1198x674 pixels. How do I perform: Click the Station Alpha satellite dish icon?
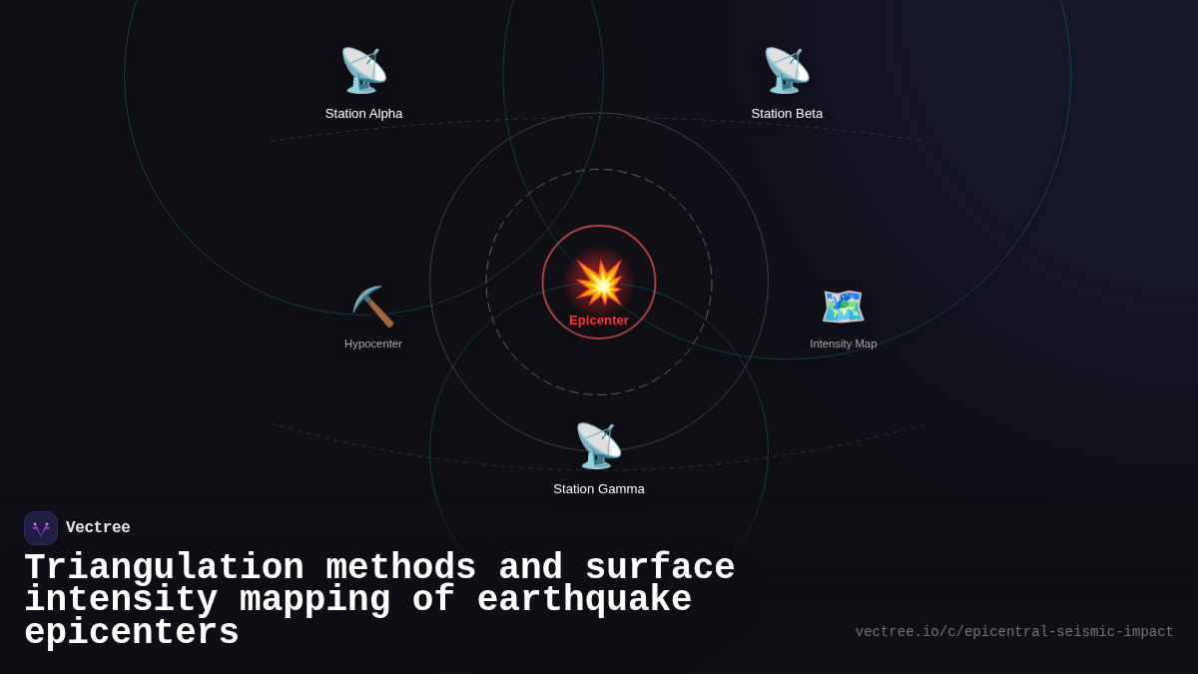(x=363, y=70)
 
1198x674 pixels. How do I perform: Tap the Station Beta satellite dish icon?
(x=787, y=70)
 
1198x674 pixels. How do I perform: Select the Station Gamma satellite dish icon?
(x=599, y=445)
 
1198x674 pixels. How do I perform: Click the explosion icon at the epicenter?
(x=599, y=283)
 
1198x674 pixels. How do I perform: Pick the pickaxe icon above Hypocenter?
(x=373, y=307)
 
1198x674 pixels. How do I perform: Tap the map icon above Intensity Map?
(x=844, y=307)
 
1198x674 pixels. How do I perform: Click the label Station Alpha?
(x=363, y=114)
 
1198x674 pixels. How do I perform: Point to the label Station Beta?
(x=787, y=114)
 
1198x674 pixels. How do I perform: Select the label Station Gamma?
(x=599, y=489)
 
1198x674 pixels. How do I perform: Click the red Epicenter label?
(x=599, y=321)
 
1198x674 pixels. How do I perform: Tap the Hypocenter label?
(x=373, y=343)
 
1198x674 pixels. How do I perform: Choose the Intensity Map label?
(x=844, y=343)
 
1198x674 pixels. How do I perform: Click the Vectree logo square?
(x=41, y=528)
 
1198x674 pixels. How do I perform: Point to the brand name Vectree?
(x=98, y=528)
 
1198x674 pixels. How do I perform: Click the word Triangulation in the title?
(x=164, y=568)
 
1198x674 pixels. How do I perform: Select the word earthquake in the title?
(x=584, y=600)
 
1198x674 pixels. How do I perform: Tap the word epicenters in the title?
(x=132, y=633)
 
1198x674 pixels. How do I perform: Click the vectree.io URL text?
(x=1014, y=632)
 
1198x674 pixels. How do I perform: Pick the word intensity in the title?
(x=121, y=600)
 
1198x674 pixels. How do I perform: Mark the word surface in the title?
(x=660, y=568)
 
